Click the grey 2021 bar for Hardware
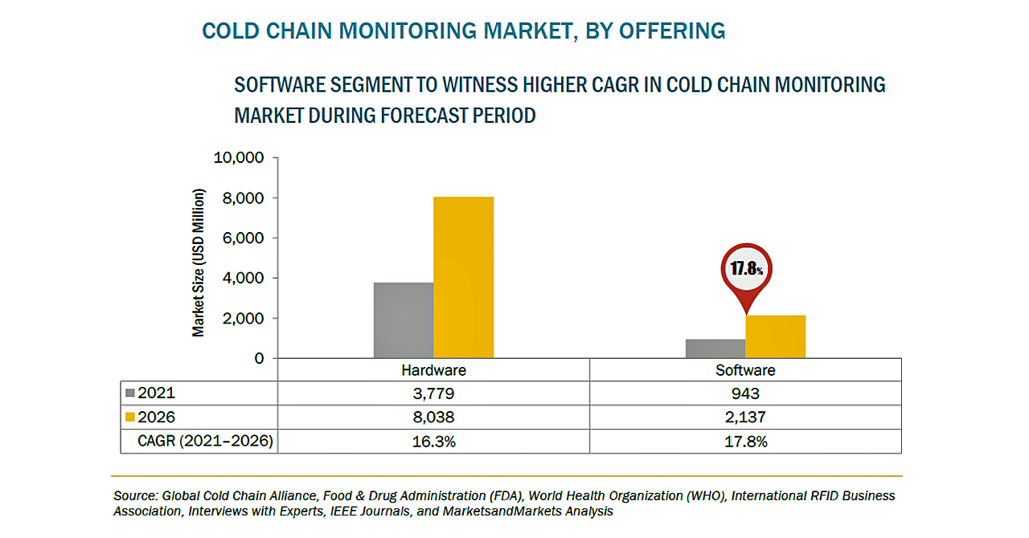[404, 320]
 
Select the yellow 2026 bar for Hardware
[464, 278]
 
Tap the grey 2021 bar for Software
[715, 348]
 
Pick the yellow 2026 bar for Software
[776, 336]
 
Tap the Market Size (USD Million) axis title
[199, 263]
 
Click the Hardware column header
[433, 370]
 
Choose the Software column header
[745, 370]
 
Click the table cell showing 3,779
[433, 393]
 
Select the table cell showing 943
[745, 393]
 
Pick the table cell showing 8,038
[433, 418]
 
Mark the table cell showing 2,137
[745, 418]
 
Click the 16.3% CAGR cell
[433, 441]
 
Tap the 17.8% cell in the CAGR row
[745, 441]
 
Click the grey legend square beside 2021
[131, 393]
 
